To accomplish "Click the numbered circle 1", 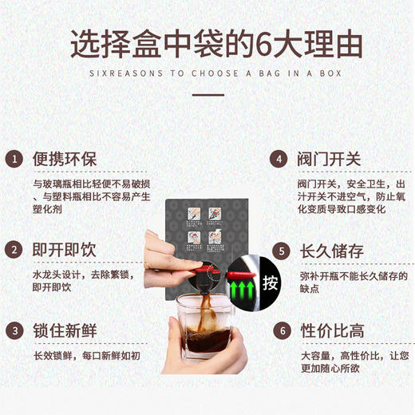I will click(14, 159).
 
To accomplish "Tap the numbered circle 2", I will click(14, 251).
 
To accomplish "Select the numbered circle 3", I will click(14, 330).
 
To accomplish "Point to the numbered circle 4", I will click(278, 159).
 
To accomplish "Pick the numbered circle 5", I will click(278, 251).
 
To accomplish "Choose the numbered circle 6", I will click(278, 330).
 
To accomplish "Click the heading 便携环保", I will click(64, 159).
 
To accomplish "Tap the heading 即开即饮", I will click(64, 251).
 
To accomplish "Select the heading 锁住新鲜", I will click(64, 330).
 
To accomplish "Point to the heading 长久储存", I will click(330, 251).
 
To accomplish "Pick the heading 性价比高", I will click(330, 330).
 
